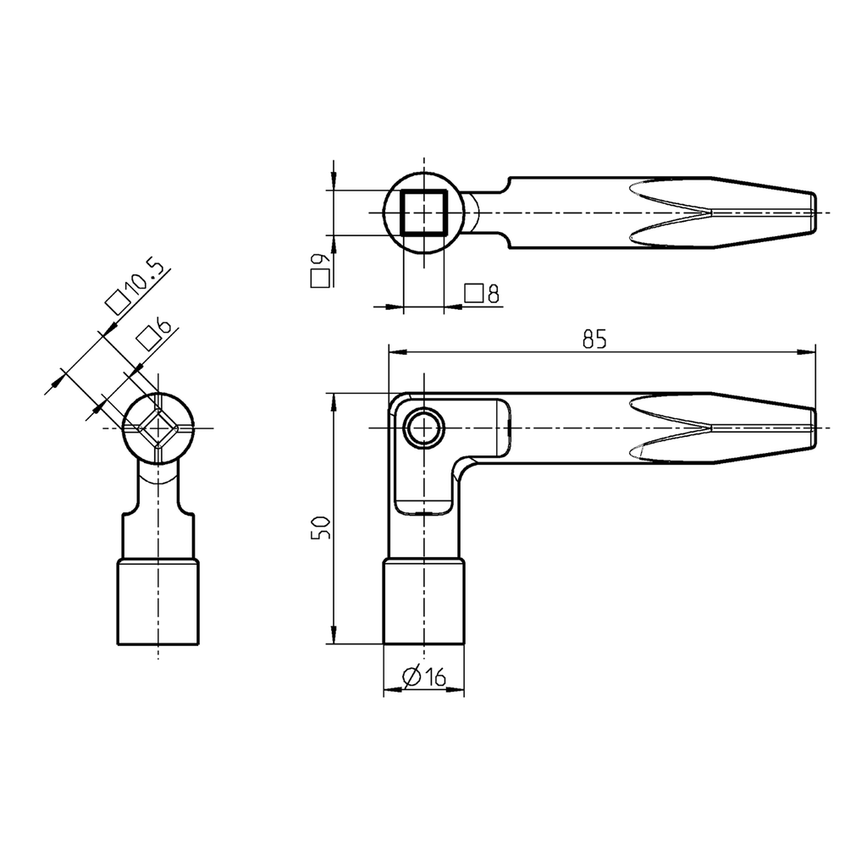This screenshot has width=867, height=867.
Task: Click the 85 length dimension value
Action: coord(594,339)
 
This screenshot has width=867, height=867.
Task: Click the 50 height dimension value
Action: coord(320,528)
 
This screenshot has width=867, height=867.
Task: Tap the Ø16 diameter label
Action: coord(424,676)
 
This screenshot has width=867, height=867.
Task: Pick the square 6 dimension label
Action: coord(154,334)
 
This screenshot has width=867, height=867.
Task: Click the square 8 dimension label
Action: coord(483,294)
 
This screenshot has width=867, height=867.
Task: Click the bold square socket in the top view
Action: coord(422,212)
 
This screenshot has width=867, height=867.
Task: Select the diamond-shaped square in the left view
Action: coord(158,428)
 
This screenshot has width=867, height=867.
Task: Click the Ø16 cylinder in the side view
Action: coord(423,601)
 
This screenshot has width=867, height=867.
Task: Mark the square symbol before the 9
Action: coord(319,280)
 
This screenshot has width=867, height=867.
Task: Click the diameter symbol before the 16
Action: coord(411,676)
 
